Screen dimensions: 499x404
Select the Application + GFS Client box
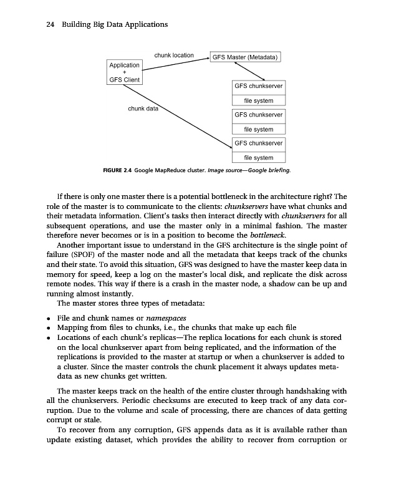click(x=125, y=72)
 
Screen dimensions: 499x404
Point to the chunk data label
click(x=143, y=109)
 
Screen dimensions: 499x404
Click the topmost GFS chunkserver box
click(x=258, y=86)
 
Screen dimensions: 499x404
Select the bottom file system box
click(x=258, y=158)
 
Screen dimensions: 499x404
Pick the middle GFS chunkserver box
click(x=258, y=115)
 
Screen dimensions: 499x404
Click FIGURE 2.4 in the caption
click(x=117, y=170)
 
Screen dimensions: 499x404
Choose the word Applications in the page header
click(x=142, y=24)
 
